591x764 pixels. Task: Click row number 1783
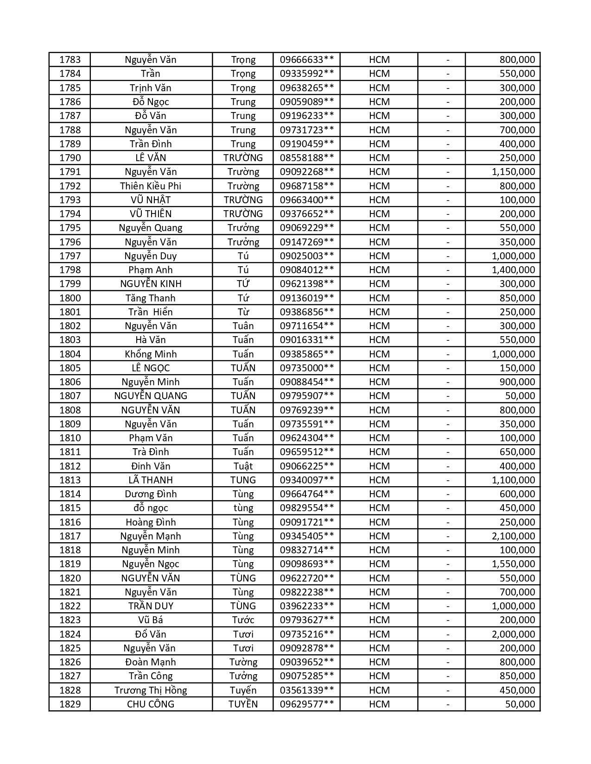coord(70,60)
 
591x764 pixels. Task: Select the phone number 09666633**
coord(306,60)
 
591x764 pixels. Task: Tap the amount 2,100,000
coord(513,536)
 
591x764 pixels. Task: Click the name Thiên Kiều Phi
coord(151,186)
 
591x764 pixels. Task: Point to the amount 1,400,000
coord(513,270)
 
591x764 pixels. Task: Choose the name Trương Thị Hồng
coord(151,690)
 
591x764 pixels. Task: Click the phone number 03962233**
coord(306,606)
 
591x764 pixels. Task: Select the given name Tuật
coord(243,466)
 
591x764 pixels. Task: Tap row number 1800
coord(70,298)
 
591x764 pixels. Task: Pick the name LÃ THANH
coord(151,480)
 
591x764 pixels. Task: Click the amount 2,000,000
coord(513,634)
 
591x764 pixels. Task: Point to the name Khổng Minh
coord(151,354)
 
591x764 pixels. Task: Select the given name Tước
coord(243,620)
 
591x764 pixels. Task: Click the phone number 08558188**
coord(306,158)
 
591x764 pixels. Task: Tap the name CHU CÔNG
coord(151,704)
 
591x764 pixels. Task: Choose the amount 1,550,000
coord(513,564)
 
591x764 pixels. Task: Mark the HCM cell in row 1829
coord(379,704)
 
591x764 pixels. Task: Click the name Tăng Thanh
coord(151,298)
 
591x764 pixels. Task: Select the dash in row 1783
coord(448,60)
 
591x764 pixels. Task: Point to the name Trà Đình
coord(151,452)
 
